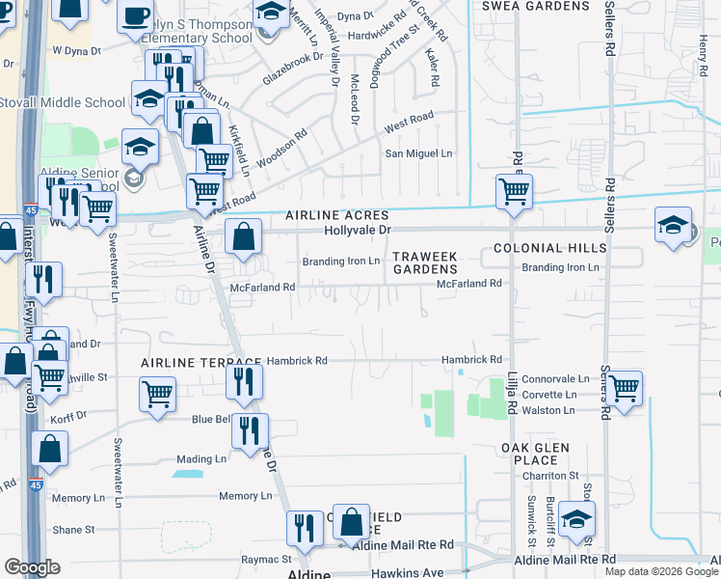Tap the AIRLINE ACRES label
[336, 215]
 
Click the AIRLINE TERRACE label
[187, 361]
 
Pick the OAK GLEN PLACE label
[535, 455]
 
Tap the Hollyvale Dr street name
[359, 231]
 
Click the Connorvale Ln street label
[555, 380]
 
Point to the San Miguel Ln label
[418, 153]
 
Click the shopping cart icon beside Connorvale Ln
[624, 389]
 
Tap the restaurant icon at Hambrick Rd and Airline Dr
[244, 381]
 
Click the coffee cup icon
[135, 15]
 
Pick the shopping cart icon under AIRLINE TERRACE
[157, 393]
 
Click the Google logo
[32, 567]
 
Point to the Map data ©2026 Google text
[660, 571]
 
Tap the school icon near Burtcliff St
[576, 520]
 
